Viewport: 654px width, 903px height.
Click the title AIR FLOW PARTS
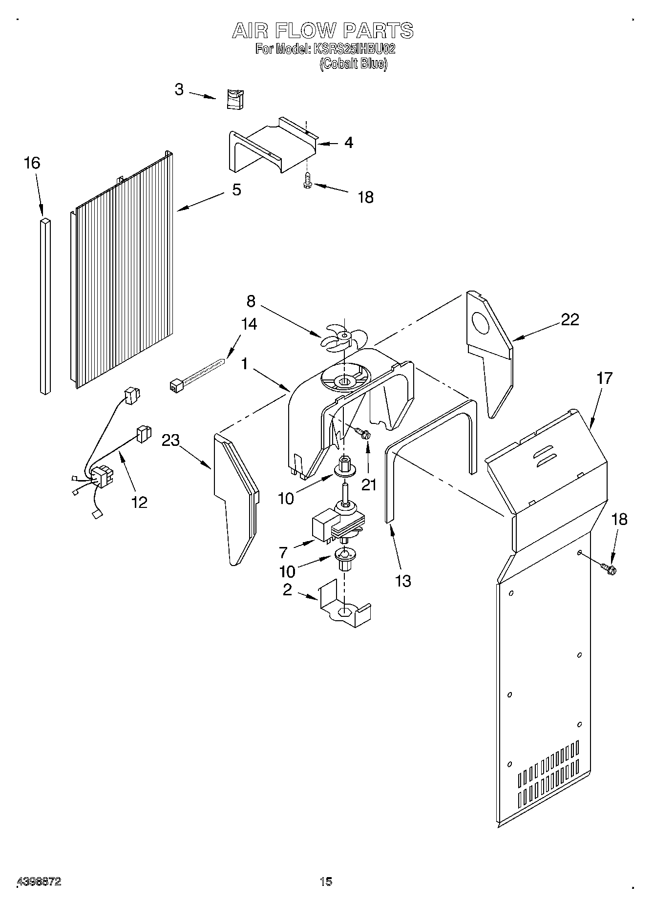pos(322,31)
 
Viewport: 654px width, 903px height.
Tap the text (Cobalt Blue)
pos(353,64)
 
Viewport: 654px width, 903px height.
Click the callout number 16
pos(32,164)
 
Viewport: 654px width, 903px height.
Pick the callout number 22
pos(570,319)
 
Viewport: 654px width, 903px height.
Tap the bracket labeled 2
pos(345,606)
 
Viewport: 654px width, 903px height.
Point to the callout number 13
pos(403,581)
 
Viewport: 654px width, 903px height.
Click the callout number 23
pos(171,440)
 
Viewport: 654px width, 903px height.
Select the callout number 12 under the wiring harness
pos(139,502)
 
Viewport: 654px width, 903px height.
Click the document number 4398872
pos(39,882)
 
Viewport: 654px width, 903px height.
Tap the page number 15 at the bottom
pos(326,882)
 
